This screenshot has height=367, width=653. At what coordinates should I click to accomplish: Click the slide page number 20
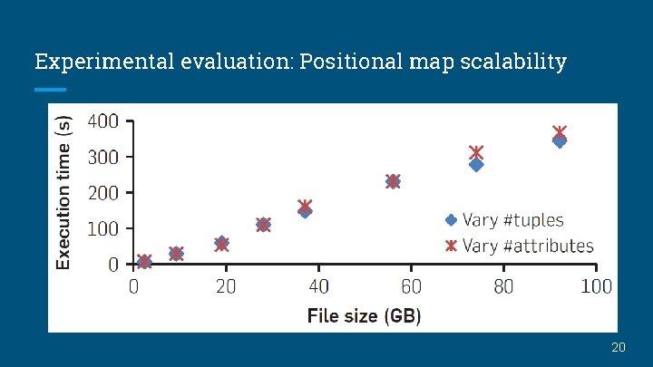(x=619, y=348)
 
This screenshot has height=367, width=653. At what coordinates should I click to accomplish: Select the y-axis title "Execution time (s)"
(x=63, y=191)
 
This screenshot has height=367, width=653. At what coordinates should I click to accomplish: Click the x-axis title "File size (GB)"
(x=364, y=316)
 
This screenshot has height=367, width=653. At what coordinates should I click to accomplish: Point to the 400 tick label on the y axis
(x=102, y=121)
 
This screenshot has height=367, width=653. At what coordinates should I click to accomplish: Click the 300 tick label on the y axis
(x=102, y=157)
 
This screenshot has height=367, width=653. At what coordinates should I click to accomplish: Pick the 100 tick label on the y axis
(x=102, y=228)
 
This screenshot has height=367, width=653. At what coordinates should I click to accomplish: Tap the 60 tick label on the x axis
(x=411, y=286)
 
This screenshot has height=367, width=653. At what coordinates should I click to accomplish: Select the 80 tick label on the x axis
(x=503, y=286)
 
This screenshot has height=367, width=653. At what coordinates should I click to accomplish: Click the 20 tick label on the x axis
(x=226, y=286)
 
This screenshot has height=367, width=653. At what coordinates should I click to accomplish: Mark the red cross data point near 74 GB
(x=476, y=152)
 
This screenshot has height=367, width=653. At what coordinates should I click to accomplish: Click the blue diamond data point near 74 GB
(x=476, y=165)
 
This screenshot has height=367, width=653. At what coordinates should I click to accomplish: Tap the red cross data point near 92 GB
(x=560, y=132)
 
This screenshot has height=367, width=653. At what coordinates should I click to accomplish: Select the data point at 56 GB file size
(x=393, y=181)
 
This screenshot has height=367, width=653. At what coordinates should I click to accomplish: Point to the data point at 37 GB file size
(x=305, y=208)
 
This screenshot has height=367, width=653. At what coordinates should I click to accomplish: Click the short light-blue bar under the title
(x=50, y=90)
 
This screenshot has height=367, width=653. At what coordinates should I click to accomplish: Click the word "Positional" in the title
(x=352, y=63)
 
